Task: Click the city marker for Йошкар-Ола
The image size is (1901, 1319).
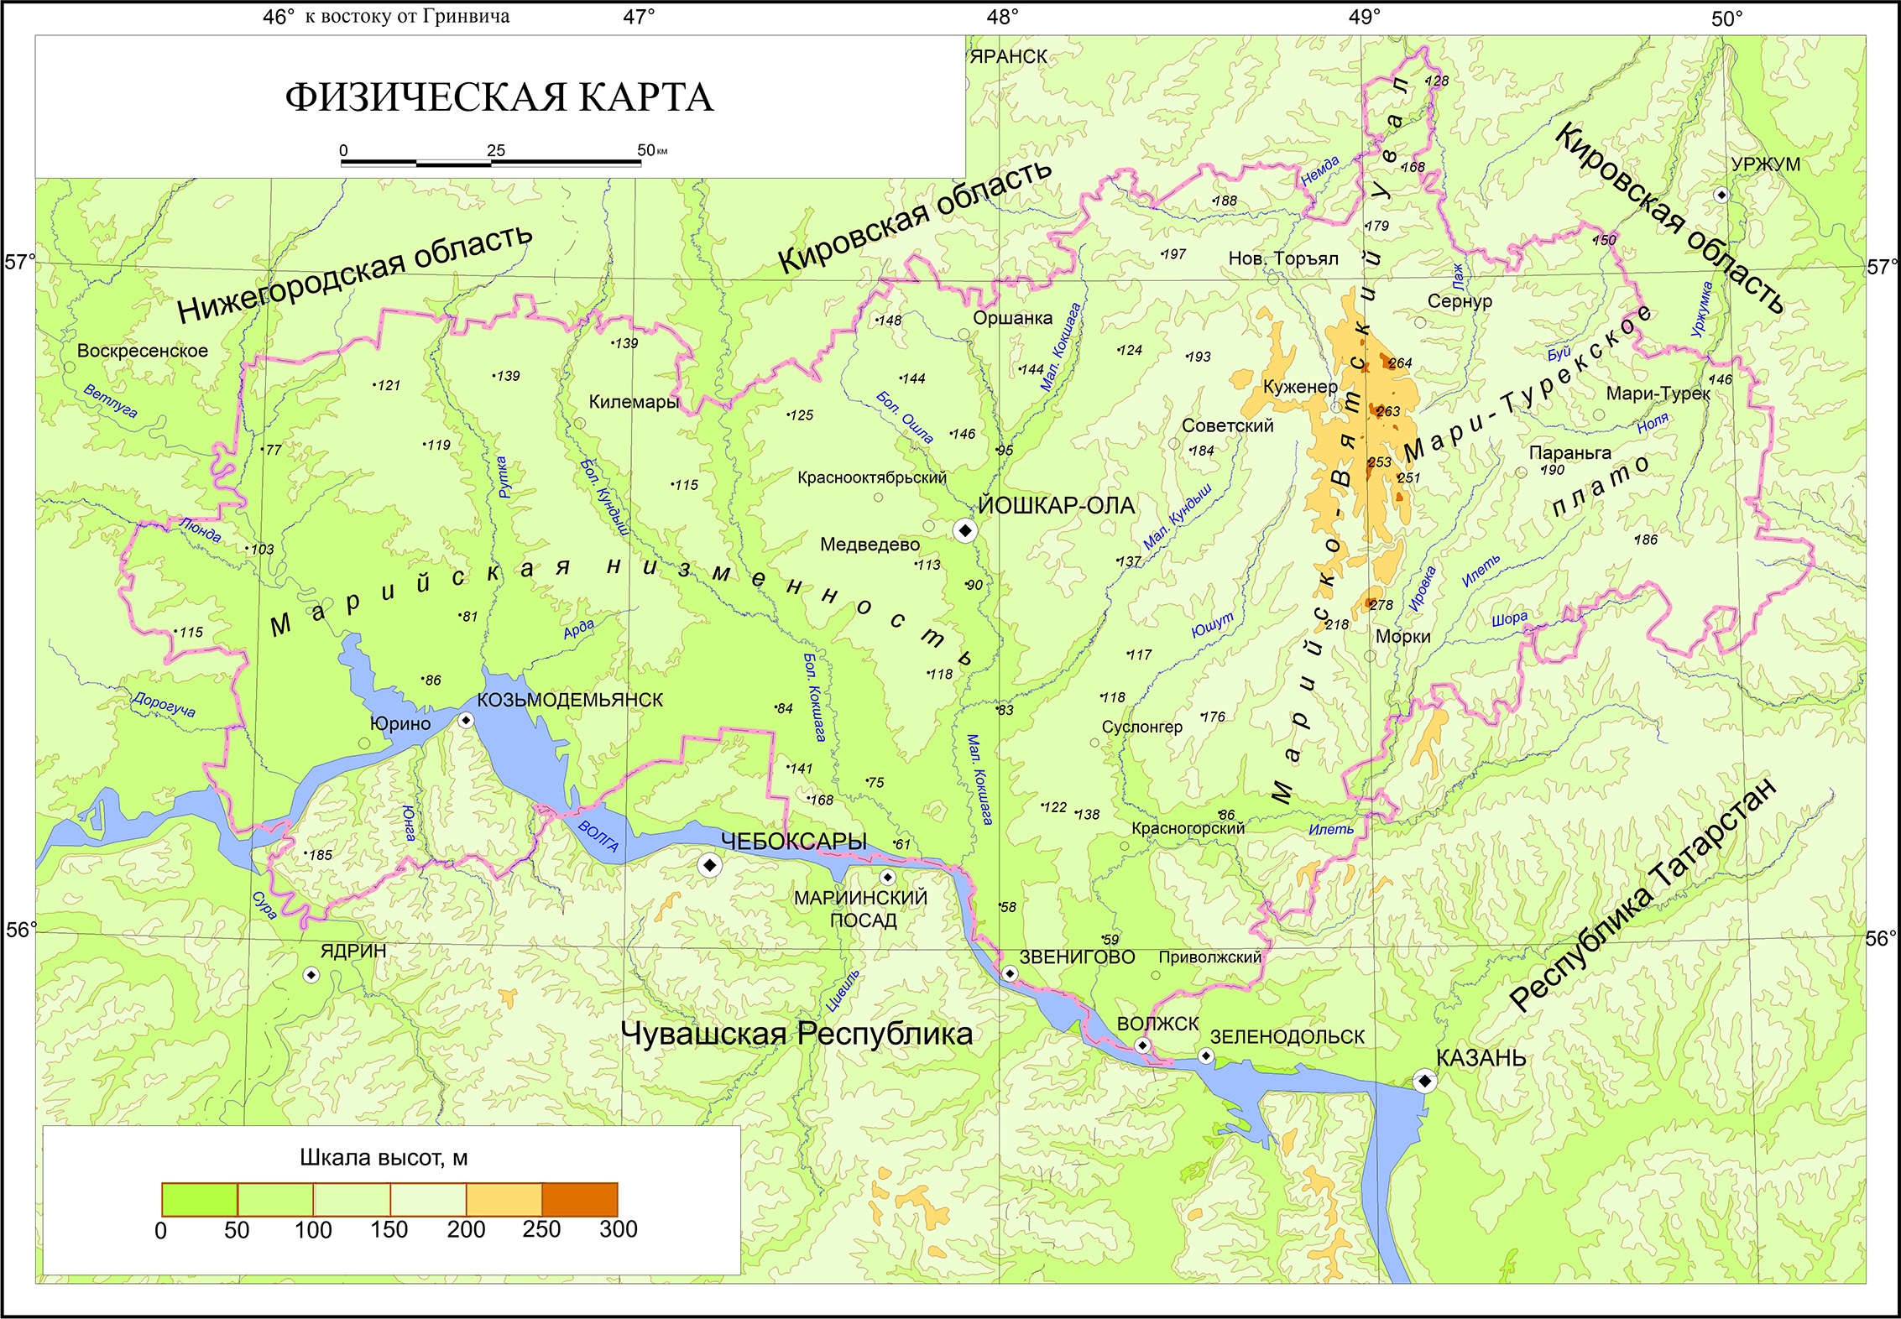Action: point(965,530)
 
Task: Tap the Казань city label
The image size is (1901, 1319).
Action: point(1481,1058)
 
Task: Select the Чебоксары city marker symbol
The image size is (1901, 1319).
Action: point(710,865)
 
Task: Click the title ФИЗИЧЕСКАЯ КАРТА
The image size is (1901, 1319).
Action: point(499,97)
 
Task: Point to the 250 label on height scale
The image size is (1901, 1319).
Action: point(541,1229)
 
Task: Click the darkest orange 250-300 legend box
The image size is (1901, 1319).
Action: point(580,1199)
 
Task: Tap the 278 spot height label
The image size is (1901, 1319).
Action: point(1381,605)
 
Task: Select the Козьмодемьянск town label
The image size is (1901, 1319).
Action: point(570,700)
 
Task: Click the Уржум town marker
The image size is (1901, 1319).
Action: point(1721,196)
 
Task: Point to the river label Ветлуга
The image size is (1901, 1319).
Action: point(110,401)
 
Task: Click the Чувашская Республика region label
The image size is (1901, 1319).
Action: point(796,1034)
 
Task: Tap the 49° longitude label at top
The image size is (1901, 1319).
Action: point(1365,18)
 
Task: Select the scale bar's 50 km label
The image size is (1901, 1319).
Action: point(648,150)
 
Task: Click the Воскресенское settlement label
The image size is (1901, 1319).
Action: point(143,351)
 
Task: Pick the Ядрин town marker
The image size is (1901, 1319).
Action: point(311,975)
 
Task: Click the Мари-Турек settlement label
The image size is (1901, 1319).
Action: point(1658,394)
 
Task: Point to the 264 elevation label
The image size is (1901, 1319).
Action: point(1400,363)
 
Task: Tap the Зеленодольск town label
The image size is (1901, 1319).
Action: point(1287,1037)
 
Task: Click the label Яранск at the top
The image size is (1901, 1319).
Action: point(1009,57)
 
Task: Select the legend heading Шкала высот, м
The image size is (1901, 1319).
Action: point(384,1158)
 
